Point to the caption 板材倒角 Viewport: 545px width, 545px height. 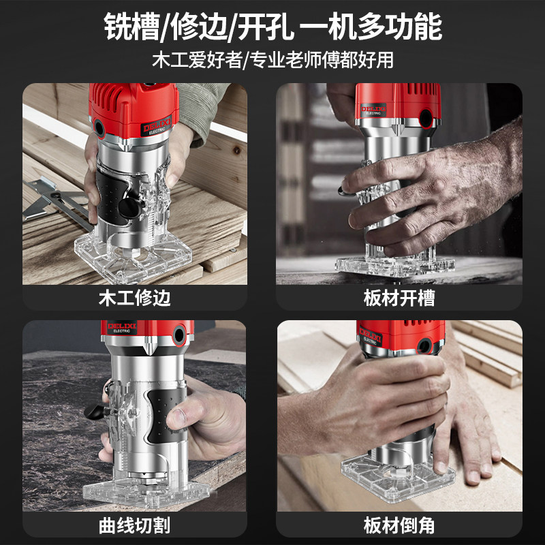click(400, 525)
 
